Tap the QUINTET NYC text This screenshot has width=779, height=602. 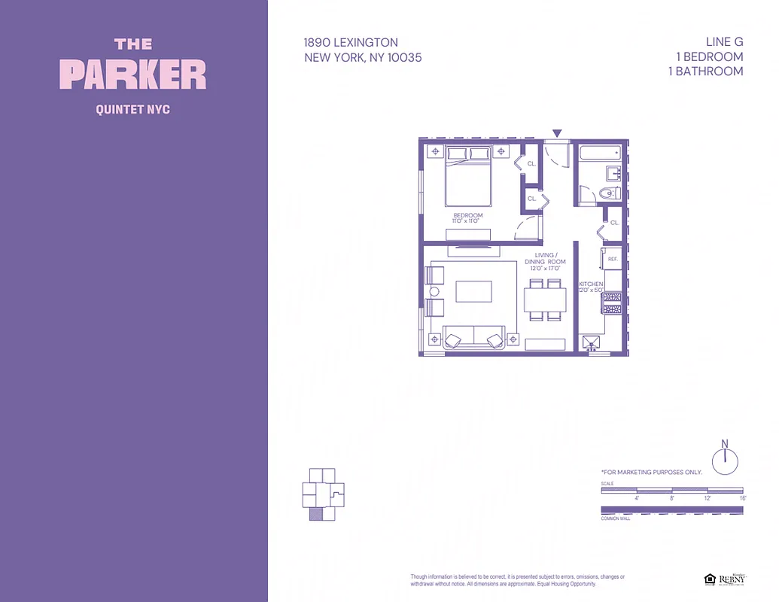133,110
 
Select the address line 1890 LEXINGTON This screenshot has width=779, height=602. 351,43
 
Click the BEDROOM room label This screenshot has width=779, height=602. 467,216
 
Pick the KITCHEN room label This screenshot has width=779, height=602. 591,284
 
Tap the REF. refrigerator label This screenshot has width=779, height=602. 613,259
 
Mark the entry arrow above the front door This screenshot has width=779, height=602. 557,134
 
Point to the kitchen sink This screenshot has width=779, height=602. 595,343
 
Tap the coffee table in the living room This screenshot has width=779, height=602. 473,291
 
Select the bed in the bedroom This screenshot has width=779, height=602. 468,177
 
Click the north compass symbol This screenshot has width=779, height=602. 725,460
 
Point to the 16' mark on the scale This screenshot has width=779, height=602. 742,498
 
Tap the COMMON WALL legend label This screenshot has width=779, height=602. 615,518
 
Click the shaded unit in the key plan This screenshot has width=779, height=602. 316,514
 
